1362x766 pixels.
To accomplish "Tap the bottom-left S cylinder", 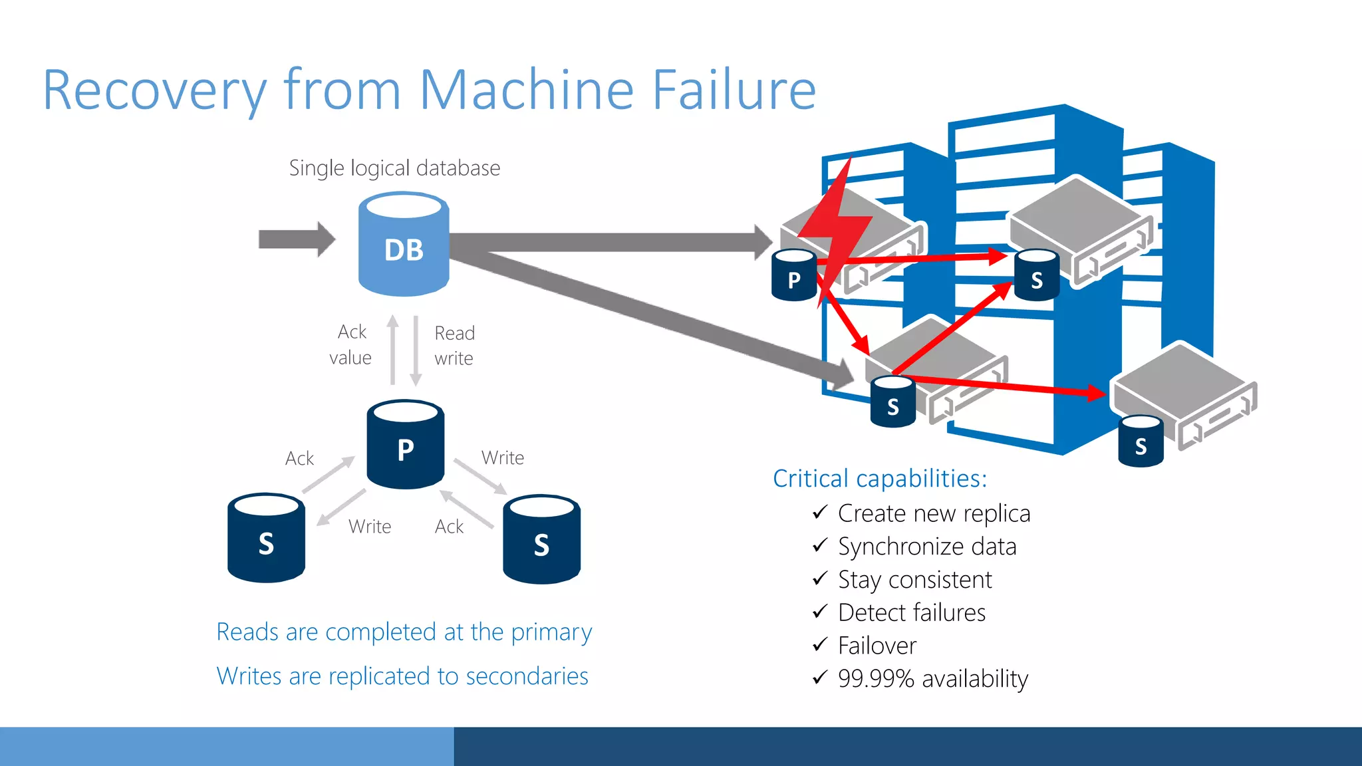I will tap(266, 538).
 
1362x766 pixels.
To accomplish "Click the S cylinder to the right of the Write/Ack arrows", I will tap(541, 539).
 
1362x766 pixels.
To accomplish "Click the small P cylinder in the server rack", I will tap(793, 275).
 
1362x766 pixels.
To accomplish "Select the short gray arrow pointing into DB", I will tap(296, 239).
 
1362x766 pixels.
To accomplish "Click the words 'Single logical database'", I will tap(394, 168).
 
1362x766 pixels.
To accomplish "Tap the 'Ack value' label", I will tap(351, 344).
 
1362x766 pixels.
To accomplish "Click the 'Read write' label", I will tap(454, 345).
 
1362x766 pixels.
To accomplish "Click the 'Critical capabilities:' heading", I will tap(879, 478).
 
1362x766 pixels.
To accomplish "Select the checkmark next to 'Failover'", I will tap(820, 644).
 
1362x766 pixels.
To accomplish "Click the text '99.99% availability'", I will tap(932, 678).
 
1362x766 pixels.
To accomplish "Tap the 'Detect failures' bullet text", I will tap(911, 612).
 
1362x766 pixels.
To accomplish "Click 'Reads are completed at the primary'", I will tap(404, 632).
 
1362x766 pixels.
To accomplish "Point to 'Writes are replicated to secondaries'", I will tap(402, 676).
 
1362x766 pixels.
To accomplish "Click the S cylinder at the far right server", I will tap(1141, 442).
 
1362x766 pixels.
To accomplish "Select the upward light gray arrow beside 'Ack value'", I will tap(393, 350).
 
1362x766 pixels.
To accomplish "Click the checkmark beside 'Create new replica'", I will tap(820, 512).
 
